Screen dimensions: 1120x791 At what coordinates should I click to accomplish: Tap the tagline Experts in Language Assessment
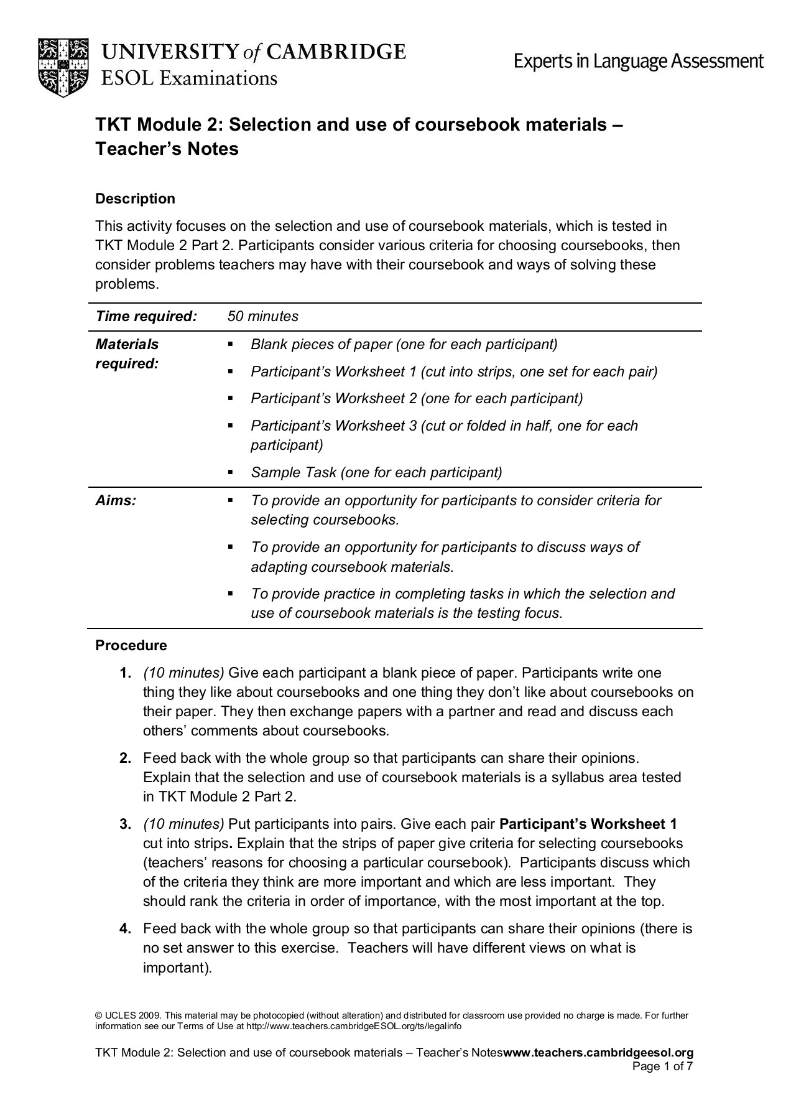coord(638,61)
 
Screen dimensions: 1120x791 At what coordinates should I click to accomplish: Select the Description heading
coord(135,199)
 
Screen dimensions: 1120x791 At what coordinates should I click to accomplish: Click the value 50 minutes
coord(262,316)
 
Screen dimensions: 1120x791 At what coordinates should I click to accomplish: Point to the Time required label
coord(146,316)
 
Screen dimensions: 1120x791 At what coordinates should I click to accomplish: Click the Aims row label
coord(116,500)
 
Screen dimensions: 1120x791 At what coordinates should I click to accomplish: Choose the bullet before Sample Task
coord(230,473)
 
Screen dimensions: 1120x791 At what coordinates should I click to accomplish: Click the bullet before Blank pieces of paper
coord(230,344)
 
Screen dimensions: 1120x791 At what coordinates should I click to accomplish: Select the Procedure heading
coord(131,646)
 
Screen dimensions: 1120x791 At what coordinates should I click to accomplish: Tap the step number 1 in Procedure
coord(125,673)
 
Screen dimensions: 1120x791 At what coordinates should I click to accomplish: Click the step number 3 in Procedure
coord(125,824)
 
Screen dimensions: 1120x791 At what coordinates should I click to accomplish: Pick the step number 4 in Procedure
coord(125,929)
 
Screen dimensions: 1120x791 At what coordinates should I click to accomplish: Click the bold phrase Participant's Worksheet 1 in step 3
coord(588,824)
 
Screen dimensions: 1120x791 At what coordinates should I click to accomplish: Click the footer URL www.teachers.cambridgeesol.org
coord(598,1053)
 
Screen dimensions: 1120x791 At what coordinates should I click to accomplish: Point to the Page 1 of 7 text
coord(662,1066)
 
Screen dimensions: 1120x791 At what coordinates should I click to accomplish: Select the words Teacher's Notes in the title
coord(167,149)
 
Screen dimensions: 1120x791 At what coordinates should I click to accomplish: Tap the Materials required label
coord(127,354)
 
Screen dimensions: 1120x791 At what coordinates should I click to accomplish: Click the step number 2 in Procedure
coord(125,758)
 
